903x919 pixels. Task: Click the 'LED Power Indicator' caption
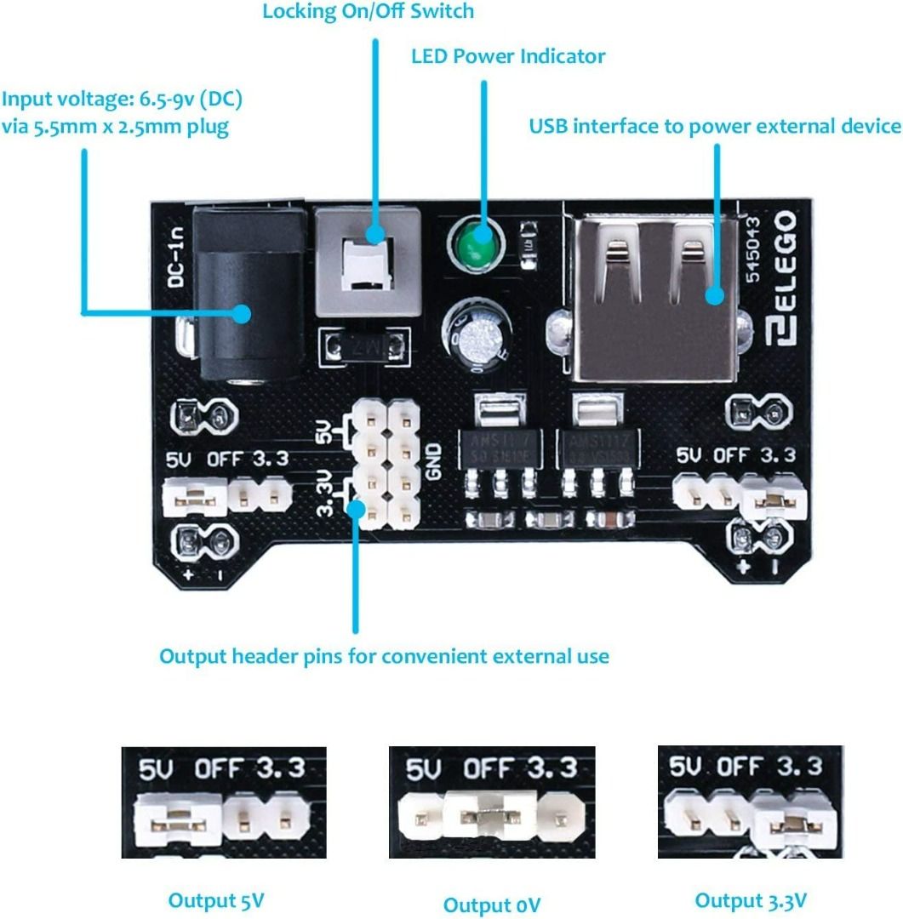point(508,57)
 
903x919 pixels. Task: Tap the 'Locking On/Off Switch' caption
point(368,12)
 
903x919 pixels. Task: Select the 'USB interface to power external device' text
point(715,127)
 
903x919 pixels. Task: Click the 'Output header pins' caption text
point(384,656)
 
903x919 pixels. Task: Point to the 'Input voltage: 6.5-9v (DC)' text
point(123,100)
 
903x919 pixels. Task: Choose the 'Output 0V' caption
point(491,904)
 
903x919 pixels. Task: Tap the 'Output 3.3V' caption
point(751,900)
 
